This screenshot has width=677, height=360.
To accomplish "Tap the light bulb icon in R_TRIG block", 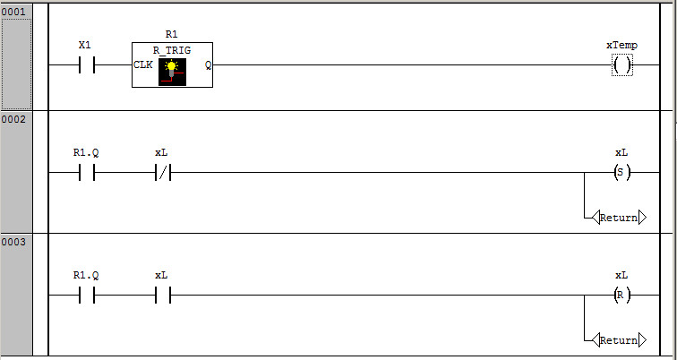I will coord(172,71).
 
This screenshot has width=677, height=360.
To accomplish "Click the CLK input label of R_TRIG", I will coord(142,64).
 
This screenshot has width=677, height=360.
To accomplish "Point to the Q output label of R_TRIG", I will coord(208,64).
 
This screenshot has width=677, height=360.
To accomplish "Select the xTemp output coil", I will coord(621,64).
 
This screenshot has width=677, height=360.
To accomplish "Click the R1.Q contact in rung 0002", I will coord(86,172).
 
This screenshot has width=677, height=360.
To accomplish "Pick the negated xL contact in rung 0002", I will coord(162,172).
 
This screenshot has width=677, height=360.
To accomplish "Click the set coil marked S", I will coord(621,172).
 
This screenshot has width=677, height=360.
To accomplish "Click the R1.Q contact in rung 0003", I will coord(86,295).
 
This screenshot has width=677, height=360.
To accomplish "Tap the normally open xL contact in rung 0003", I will coord(162,295).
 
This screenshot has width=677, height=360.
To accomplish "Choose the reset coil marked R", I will coord(621,295).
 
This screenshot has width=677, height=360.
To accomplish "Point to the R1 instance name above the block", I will coord(172,35).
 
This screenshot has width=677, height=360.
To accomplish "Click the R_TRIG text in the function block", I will coord(172,50).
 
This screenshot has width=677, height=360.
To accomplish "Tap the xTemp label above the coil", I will coord(621,45).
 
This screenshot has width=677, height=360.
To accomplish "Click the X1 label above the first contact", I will coord(85,45).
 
